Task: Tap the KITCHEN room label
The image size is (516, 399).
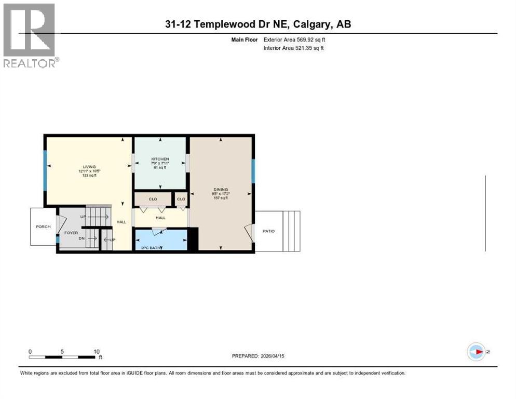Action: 160,158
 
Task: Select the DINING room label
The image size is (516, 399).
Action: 221,190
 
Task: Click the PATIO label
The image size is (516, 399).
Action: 268,231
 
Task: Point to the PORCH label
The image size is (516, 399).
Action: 43,227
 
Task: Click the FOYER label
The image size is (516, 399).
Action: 71,233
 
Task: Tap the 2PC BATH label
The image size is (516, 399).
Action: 151,248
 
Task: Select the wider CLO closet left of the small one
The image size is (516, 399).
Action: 153,199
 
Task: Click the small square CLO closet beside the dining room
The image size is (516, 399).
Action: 181,199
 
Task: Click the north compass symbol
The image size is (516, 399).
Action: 476,352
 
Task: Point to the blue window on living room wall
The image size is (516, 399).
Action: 45,166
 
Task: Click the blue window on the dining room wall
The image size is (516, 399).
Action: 253,171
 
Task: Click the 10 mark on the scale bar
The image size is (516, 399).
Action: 97,352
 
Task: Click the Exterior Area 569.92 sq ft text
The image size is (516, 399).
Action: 294,39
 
